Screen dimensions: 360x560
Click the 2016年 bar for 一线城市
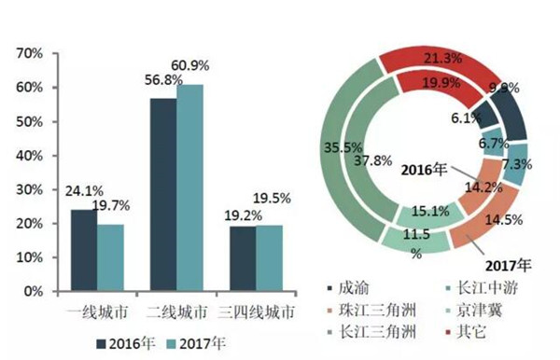(84, 250)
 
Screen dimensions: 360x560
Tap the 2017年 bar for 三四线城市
(269, 258)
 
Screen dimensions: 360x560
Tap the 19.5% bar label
(272, 199)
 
